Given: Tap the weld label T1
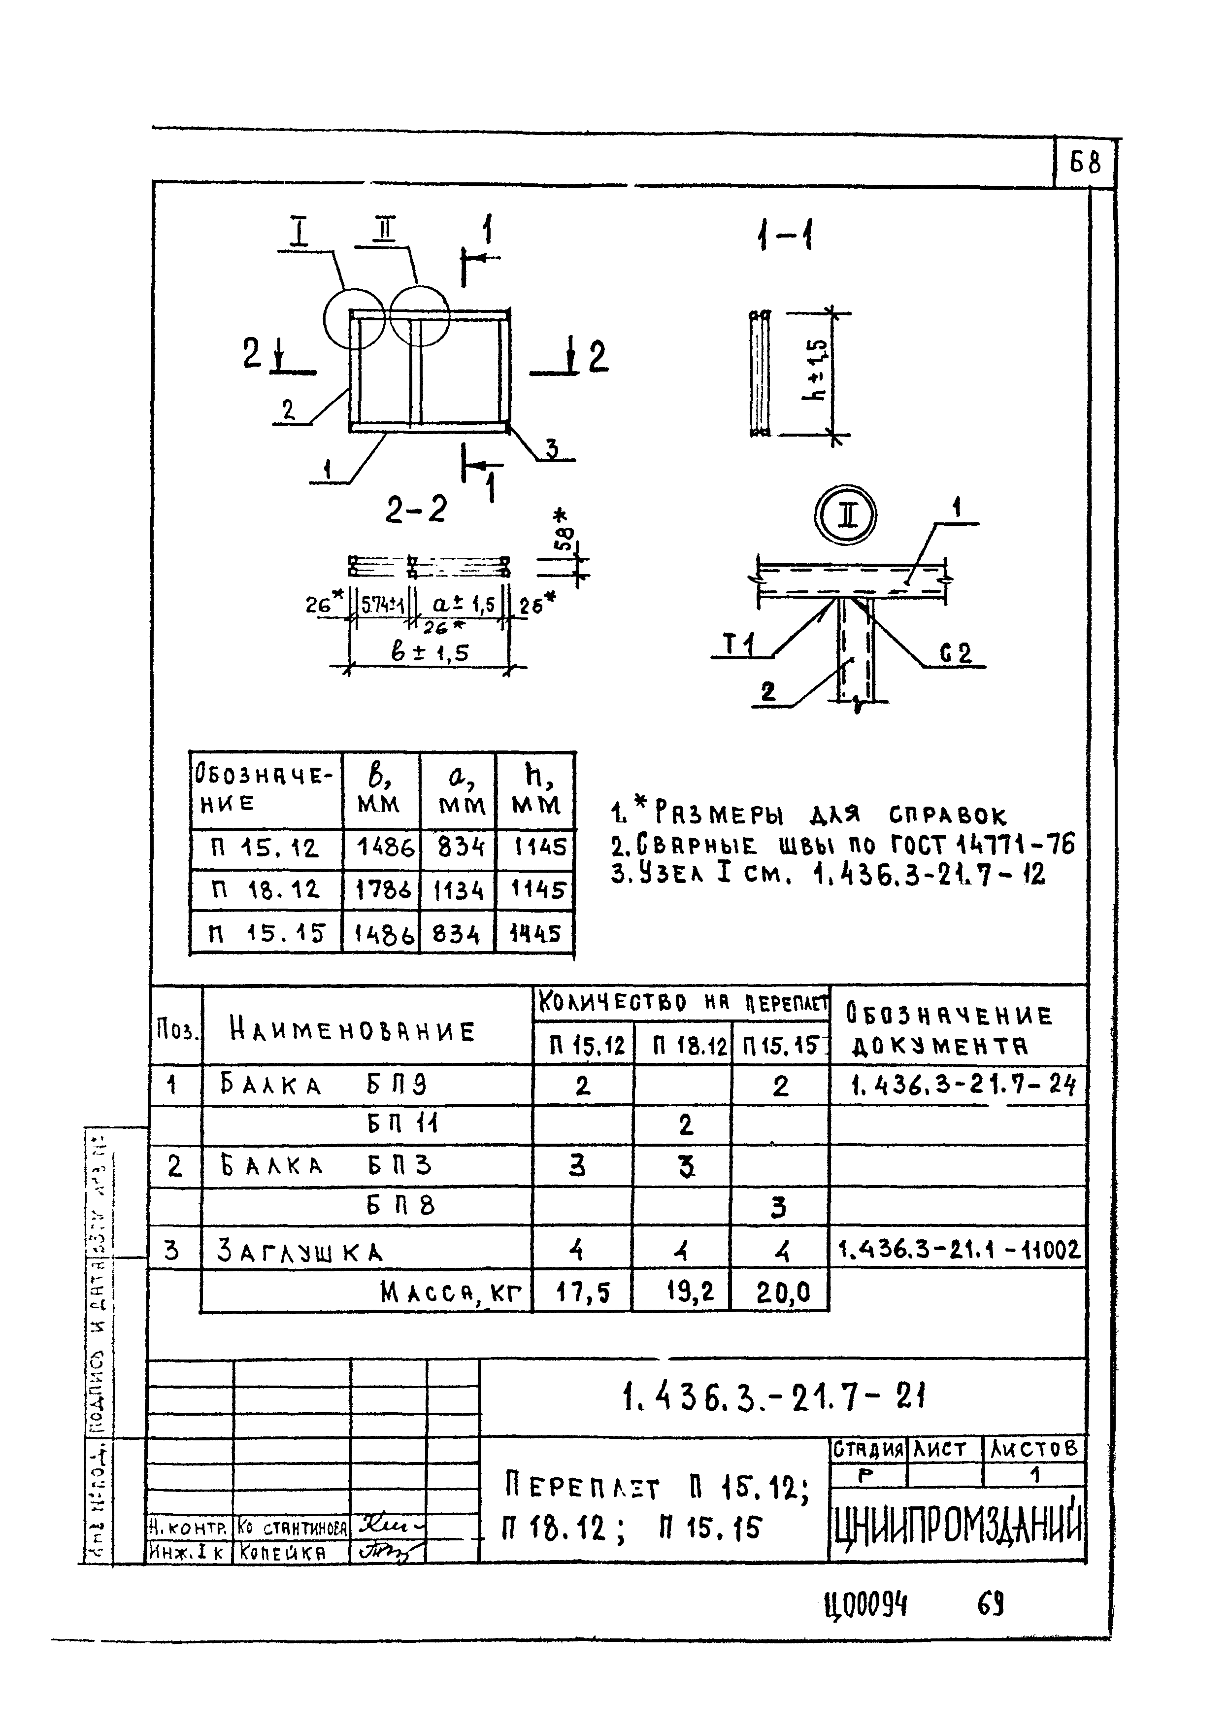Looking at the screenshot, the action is point(738,646).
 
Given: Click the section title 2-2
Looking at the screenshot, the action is point(415,510).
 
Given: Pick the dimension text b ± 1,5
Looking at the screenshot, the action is point(430,652).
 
